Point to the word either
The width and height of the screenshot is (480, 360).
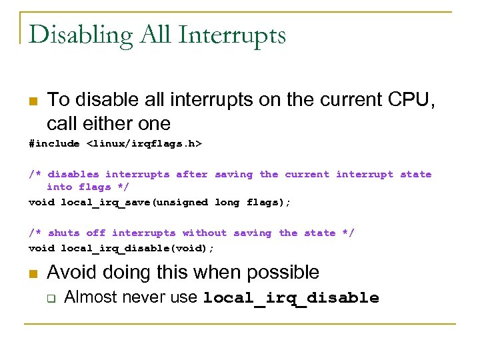pos(111,123)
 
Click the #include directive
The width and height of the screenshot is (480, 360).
pos(55,144)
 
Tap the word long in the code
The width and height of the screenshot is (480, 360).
pos(227,202)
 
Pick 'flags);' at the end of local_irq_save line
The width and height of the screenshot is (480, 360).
pos(269,202)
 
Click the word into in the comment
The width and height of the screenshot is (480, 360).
pos(59,187)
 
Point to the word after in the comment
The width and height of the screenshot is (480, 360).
pos(192,175)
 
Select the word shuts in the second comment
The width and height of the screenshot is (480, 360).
pos(63,233)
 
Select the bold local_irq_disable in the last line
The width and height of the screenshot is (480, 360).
pos(291,299)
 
